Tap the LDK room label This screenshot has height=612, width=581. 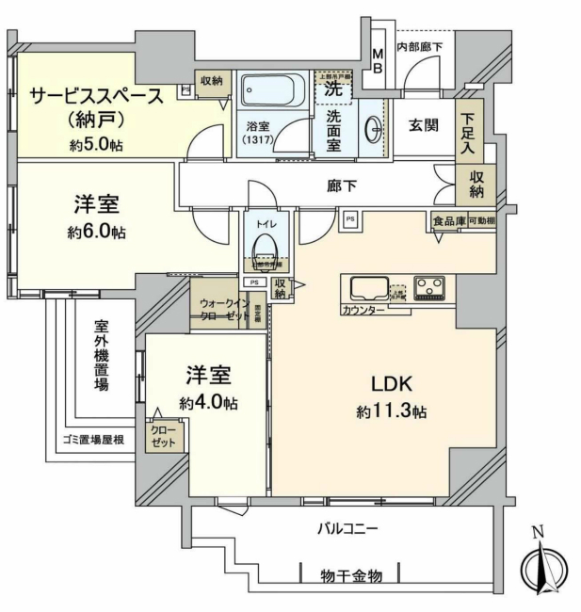coord(387,385)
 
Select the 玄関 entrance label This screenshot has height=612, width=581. coord(424,124)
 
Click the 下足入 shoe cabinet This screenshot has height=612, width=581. coord(468,133)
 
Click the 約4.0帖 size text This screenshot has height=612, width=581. coord(208,402)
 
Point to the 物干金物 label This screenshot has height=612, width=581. coord(350,573)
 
